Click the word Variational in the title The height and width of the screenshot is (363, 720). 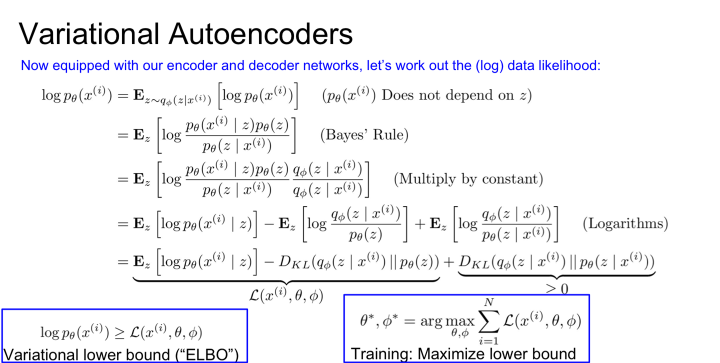coord(89,34)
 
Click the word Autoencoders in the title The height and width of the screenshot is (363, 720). coord(260,34)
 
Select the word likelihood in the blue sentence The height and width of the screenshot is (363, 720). coord(572,65)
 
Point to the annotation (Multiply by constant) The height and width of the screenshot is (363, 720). coord(468,179)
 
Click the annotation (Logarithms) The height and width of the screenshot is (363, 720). coord(625,223)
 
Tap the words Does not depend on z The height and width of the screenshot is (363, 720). coord(456,95)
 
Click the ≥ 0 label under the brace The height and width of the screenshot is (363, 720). coord(556,288)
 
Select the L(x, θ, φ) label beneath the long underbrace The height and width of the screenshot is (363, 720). coord(285,295)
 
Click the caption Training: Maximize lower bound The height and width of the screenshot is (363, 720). coord(463,354)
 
